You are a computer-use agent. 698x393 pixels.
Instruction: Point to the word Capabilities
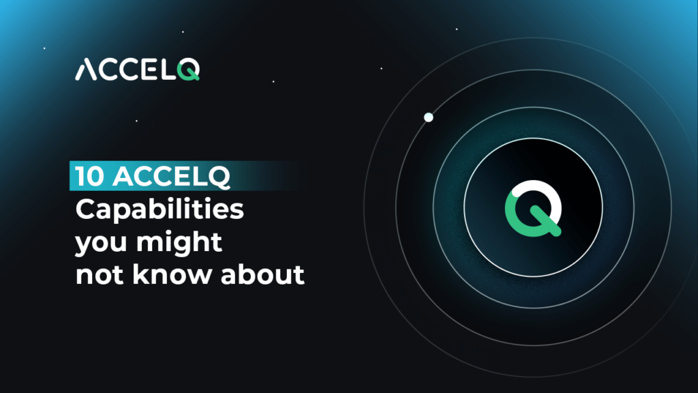[159, 209]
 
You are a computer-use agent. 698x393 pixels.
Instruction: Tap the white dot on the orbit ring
[429, 117]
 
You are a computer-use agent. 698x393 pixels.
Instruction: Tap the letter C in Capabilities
[85, 209]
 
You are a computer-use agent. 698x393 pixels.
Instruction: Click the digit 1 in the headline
[80, 177]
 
